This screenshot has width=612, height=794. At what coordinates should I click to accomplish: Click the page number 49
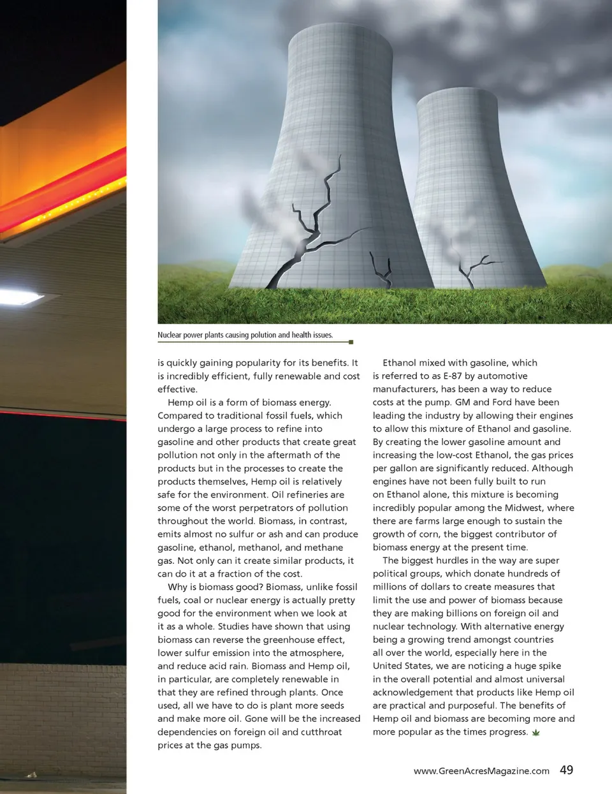(566, 770)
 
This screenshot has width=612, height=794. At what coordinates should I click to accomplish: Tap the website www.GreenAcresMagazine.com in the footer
(481, 771)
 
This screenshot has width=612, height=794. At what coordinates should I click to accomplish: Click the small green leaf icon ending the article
(535, 733)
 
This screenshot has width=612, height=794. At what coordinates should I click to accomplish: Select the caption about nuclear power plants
(245, 335)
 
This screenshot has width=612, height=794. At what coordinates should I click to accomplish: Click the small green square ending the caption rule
(351, 342)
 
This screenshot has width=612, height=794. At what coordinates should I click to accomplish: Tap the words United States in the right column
(402, 666)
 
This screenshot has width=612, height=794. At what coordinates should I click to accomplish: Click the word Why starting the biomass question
(177, 587)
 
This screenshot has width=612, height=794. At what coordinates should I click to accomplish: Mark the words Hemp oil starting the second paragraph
(187, 402)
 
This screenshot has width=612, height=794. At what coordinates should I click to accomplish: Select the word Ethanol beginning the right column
(400, 363)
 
